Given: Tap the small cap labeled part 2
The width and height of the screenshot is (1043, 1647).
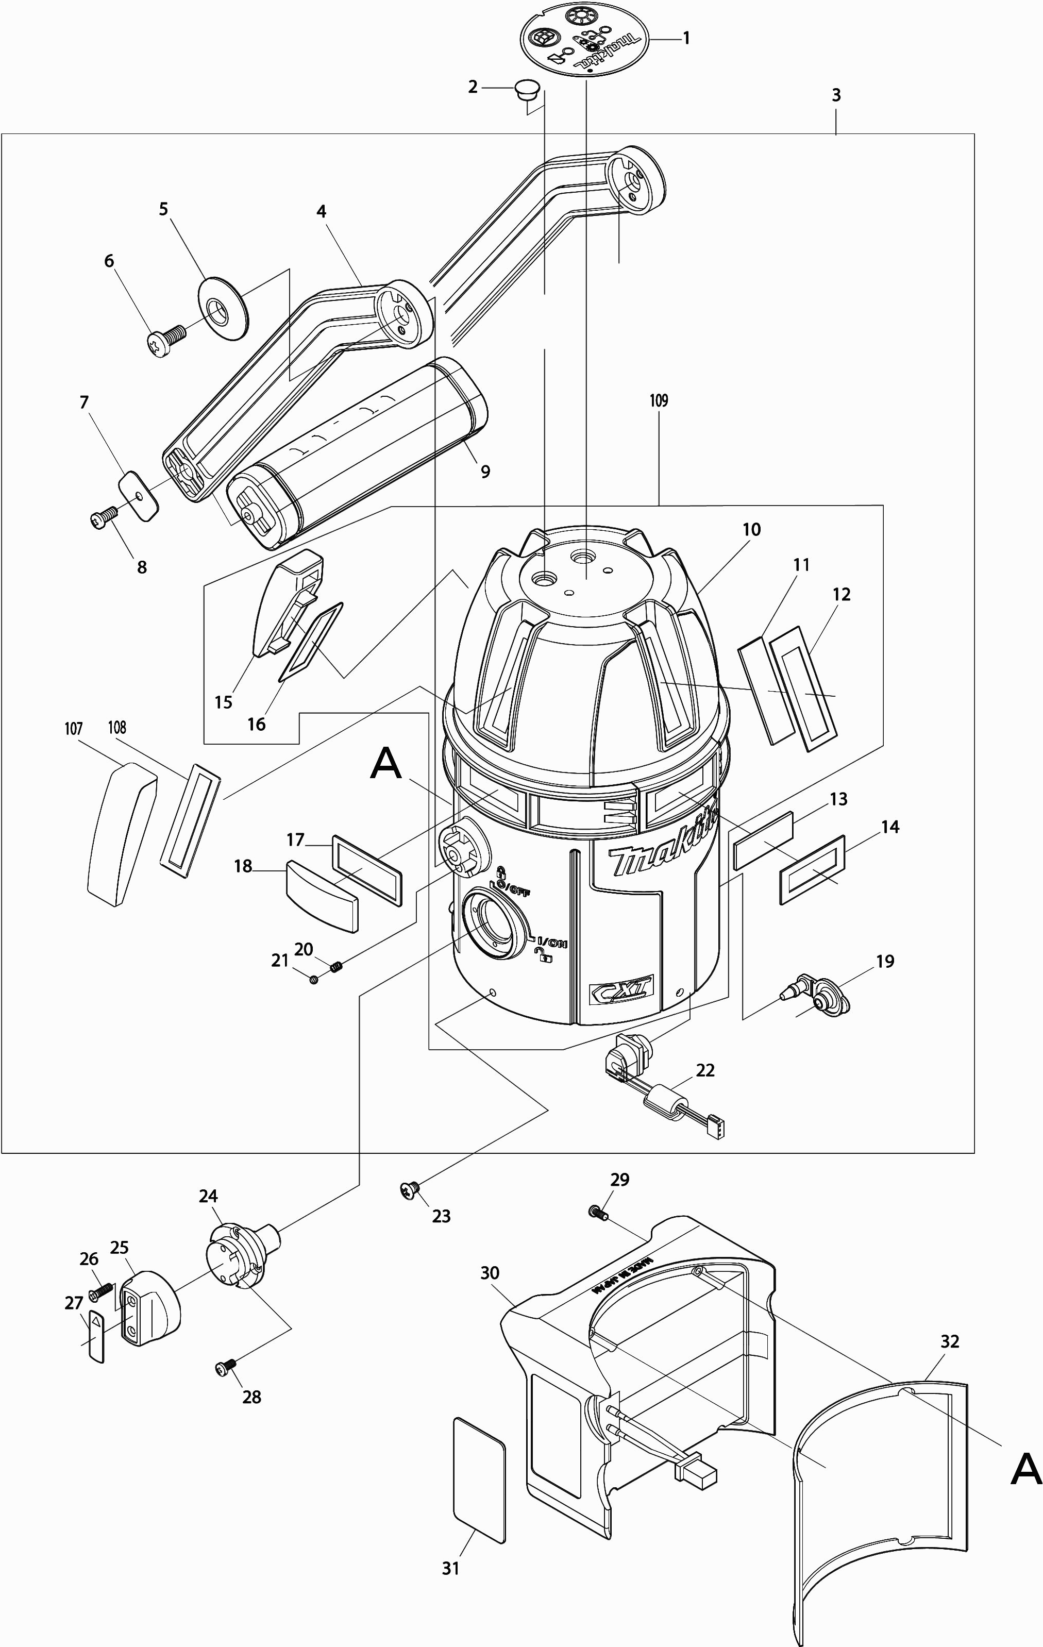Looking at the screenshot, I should [527, 89].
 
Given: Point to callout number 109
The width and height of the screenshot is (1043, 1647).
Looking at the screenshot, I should [659, 401].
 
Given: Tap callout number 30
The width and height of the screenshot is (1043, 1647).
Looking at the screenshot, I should [490, 1273].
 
